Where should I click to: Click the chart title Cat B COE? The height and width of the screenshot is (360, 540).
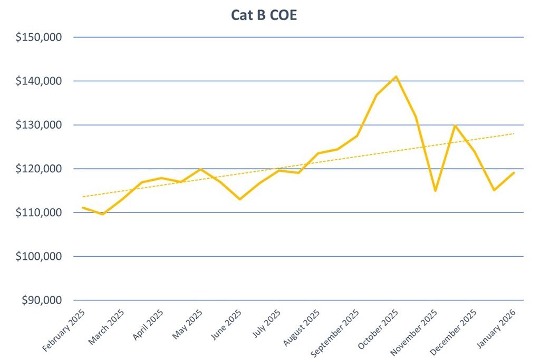tap(264, 15)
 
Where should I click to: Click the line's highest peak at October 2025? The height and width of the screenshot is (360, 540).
tap(396, 76)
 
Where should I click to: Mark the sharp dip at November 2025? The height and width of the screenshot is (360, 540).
tap(435, 190)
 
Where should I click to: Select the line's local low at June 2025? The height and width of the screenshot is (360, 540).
tap(239, 199)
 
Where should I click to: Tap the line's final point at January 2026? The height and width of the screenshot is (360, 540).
tap(514, 173)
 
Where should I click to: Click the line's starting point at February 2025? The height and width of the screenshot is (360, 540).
tap(83, 208)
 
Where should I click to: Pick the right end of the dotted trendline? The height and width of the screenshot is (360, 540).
tap(514, 134)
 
